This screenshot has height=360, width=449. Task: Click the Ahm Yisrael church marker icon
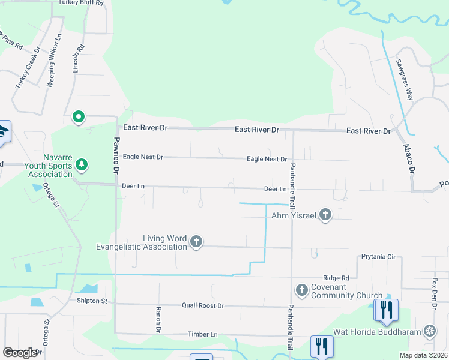325,214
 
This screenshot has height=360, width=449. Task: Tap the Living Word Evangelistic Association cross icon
196,242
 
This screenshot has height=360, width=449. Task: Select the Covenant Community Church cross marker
301,291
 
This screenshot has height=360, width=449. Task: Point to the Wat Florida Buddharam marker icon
430,331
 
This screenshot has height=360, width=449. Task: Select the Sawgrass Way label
404,79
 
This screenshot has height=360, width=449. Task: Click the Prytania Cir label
379,257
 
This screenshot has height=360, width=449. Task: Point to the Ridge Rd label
336,278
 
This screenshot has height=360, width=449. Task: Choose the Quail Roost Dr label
203,306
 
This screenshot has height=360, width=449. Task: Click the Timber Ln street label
202,334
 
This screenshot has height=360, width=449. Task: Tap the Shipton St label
92,301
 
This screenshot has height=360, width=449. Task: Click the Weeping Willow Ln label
55,61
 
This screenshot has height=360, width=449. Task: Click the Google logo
20,353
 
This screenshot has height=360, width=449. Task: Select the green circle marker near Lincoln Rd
78,117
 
